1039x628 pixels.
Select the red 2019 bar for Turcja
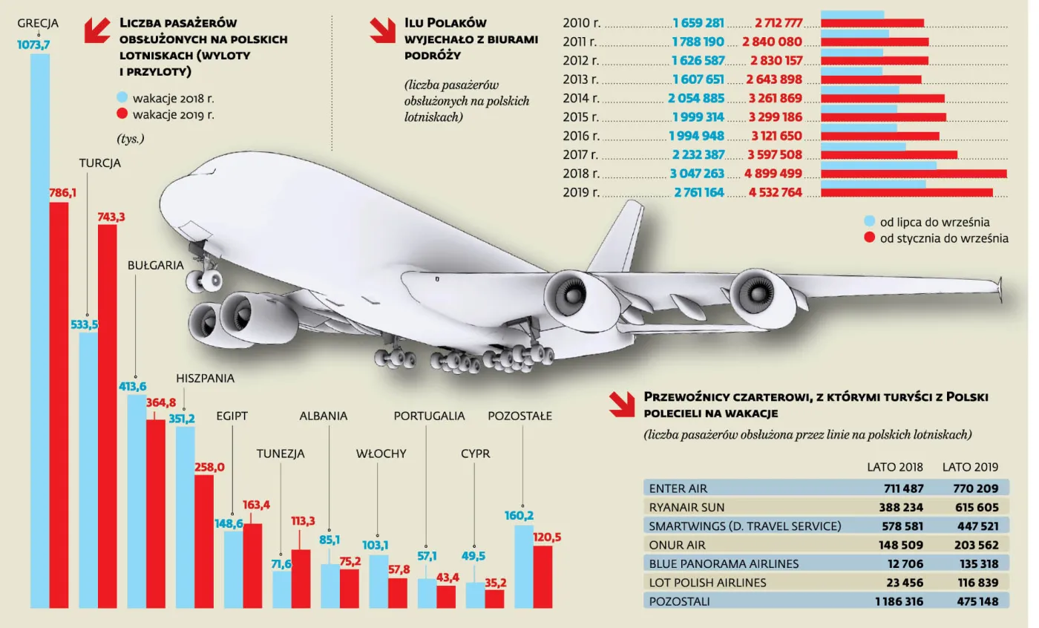pos(108,416)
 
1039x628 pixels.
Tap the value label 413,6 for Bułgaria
pos(133,386)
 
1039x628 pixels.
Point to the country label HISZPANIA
pos(206,379)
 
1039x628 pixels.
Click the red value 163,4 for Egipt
pos(256,505)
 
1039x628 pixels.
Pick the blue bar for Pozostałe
pos(524,566)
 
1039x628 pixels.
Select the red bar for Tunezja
pos(301,578)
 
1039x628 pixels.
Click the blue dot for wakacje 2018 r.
pos(122,97)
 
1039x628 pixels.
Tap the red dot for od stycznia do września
pos(869,238)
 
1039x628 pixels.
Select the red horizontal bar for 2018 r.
pos(914,174)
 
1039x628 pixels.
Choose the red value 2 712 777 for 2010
pos(778,22)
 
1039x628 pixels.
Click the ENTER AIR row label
pos(678,488)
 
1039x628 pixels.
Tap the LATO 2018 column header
pos(895,468)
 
